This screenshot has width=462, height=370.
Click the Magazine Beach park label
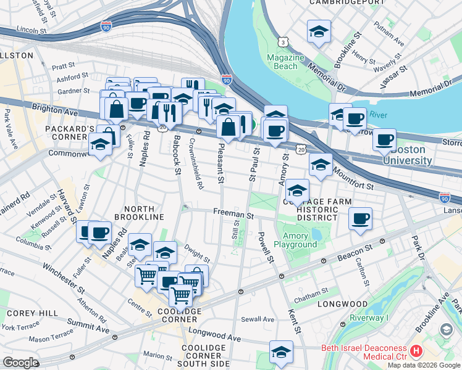tap(285, 62)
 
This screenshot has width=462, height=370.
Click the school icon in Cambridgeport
tap(319, 33)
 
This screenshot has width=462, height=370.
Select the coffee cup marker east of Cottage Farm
tap(361, 218)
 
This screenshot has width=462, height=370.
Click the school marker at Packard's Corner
tap(100, 146)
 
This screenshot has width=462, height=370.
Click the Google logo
tap(20, 363)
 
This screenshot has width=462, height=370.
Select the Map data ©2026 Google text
tap(424, 365)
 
